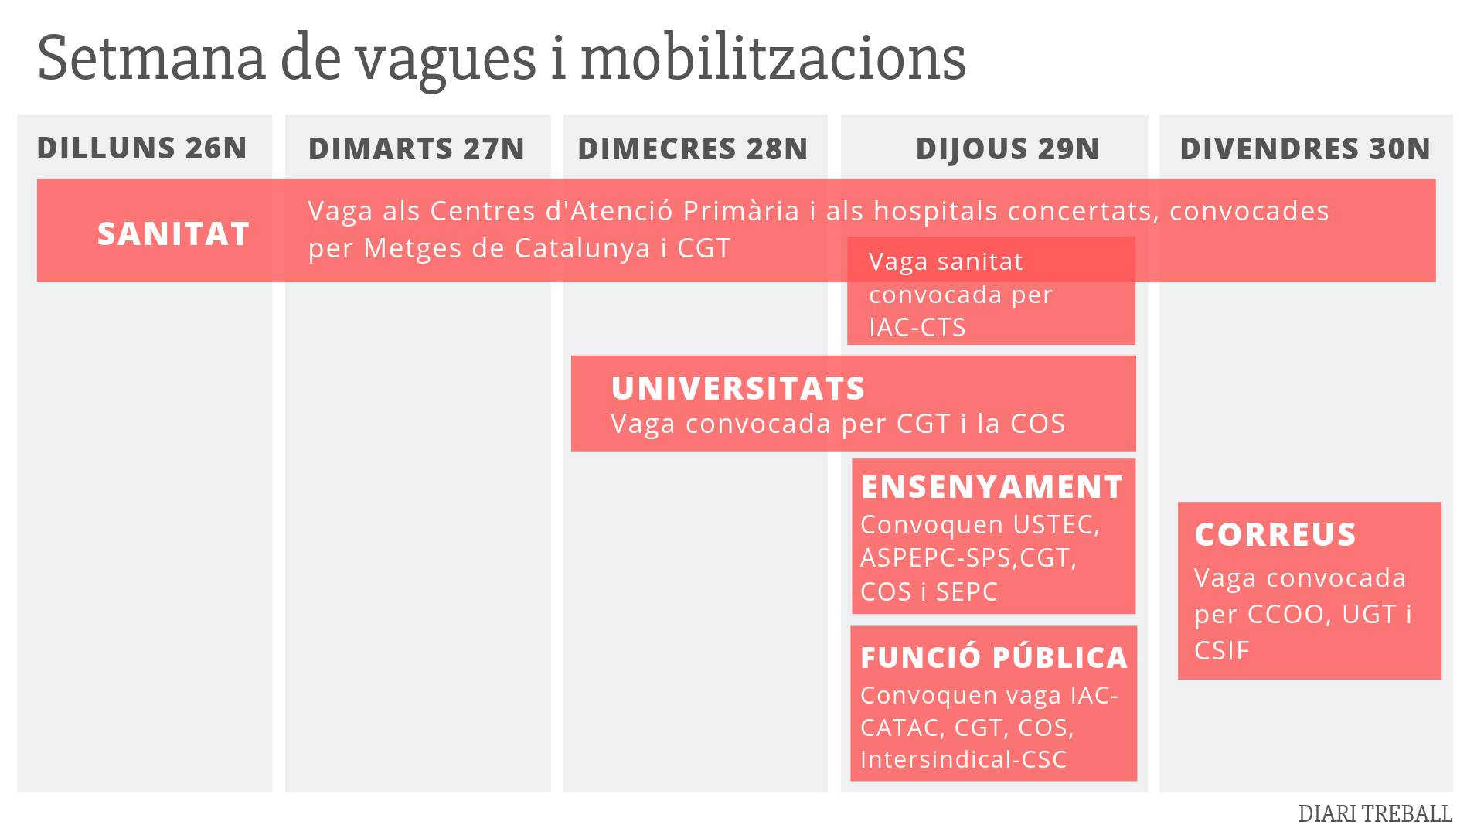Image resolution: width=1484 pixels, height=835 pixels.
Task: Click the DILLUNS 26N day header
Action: (142, 148)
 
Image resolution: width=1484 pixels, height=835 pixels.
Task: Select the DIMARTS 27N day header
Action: (417, 148)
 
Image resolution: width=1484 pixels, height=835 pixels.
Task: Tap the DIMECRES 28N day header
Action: (693, 148)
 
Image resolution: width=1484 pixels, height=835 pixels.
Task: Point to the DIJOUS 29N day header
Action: (1007, 148)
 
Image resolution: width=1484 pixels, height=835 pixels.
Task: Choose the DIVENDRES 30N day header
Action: (1305, 148)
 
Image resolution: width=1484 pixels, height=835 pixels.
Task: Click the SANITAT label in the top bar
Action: (173, 233)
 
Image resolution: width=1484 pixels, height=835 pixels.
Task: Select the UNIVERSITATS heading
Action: (737, 388)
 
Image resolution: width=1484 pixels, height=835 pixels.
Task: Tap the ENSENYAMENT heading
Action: (992, 487)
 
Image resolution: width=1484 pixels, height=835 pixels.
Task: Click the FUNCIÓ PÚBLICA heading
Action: (994, 658)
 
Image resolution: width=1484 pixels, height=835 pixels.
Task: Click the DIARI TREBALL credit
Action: (1375, 814)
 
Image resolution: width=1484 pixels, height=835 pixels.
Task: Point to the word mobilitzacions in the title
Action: (773, 59)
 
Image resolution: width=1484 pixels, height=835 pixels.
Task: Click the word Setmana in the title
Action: (151, 59)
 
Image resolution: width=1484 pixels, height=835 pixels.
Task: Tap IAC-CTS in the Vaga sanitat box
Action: (917, 328)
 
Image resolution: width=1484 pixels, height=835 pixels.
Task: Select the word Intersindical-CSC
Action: (963, 759)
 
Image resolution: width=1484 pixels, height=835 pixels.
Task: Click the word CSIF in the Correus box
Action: (1221, 651)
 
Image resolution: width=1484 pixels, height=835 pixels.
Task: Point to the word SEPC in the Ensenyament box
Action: (966, 592)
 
